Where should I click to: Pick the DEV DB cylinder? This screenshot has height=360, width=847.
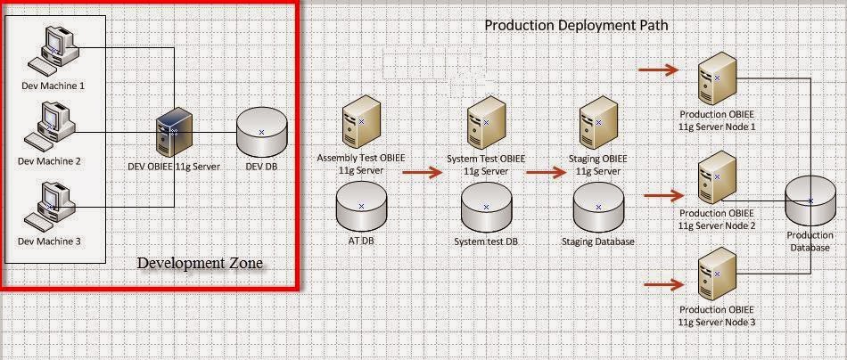coord(261,132)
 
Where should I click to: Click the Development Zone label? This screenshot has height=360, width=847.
coord(200,263)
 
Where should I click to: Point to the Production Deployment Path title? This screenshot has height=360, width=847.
coord(576,25)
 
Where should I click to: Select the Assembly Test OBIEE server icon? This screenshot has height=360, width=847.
coord(361,122)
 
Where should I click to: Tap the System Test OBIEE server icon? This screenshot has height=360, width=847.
coord(486,122)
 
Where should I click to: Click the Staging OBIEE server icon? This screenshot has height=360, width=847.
coord(598,122)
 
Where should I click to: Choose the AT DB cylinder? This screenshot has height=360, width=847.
coord(361,207)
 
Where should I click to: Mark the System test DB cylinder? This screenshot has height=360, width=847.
coord(486,208)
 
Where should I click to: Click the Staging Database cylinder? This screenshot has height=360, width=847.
coord(598,208)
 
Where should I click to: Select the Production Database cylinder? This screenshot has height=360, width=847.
coord(810,200)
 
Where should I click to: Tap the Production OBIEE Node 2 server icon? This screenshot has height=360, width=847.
coord(717,177)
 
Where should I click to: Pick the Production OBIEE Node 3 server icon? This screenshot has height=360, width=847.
coord(717,274)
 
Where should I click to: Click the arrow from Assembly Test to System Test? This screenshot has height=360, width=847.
coord(422,173)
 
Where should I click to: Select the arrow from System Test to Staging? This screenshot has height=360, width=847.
coord(546,173)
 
